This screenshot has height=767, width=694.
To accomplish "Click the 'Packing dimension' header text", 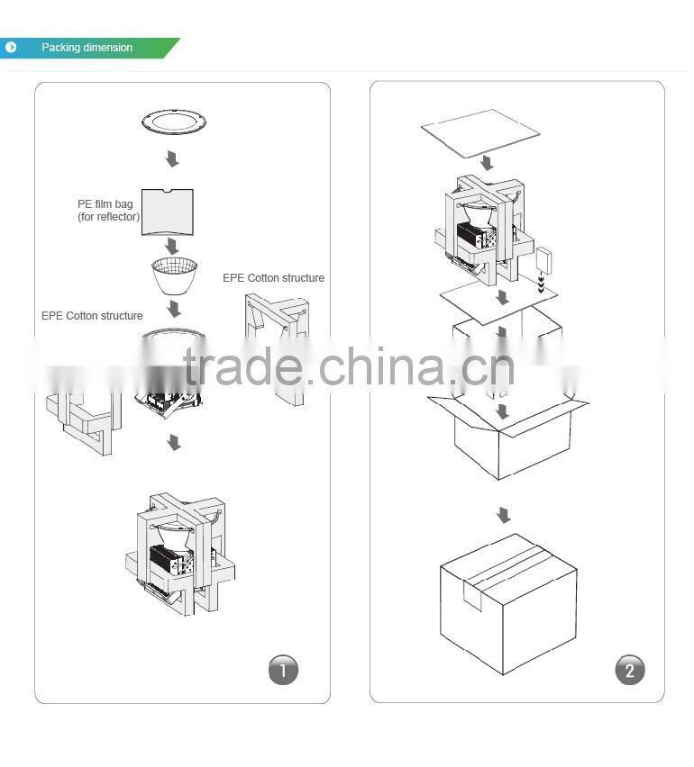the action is click(87, 48).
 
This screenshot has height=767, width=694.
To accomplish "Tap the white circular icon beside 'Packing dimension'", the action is click(11, 48).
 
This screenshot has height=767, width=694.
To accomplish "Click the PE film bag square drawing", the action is click(168, 212).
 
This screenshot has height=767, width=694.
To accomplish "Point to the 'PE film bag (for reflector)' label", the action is click(108, 211).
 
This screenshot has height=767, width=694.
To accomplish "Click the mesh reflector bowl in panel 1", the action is click(174, 275).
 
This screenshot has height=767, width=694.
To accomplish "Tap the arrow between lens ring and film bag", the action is click(172, 158).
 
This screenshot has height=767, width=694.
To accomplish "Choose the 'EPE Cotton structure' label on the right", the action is click(273, 278).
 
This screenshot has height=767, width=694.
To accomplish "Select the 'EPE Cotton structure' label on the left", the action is click(92, 315).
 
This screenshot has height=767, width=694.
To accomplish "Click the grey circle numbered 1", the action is click(283, 670).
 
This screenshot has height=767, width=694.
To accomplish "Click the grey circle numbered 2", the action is click(630, 670).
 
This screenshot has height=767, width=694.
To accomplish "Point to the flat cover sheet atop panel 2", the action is click(480, 133).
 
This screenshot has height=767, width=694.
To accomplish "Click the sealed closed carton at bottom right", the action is click(508, 604).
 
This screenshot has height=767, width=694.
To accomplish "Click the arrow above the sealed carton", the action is click(504, 515).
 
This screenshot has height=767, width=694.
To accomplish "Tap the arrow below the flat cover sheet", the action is click(487, 163).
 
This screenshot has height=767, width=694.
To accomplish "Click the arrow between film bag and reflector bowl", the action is click(171, 246).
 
